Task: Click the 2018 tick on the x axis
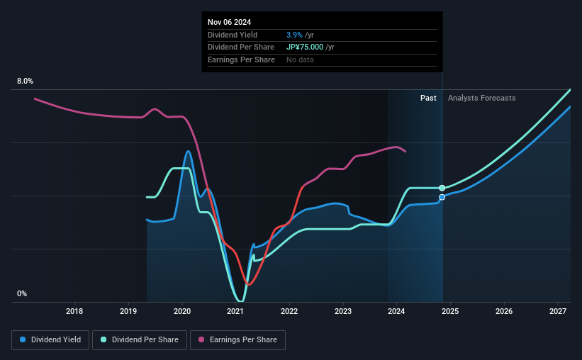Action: tap(74, 311)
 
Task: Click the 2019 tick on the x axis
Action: tap(128, 311)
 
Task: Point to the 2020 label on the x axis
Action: tap(182, 311)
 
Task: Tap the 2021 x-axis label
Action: tap(235, 311)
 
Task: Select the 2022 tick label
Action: tap(289, 311)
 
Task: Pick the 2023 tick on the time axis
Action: tap(343, 311)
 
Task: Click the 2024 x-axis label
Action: tap(396, 311)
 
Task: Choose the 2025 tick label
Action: tap(450, 311)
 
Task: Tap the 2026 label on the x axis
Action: tap(504, 311)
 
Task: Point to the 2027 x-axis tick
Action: tap(557, 311)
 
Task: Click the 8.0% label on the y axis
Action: tap(25, 81)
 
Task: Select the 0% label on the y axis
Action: tap(22, 294)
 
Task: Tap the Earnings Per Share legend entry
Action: tap(239, 340)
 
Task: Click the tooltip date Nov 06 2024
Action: tap(230, 22)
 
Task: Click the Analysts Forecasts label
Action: tap(481, 98)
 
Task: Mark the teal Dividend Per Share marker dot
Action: tap(442, 188)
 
